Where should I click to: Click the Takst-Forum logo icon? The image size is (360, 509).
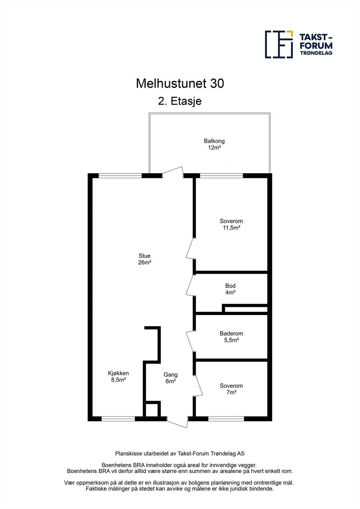pyautogui.click(x=279, y=45)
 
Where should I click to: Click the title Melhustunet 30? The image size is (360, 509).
pyautogui.click(x=180, y=84)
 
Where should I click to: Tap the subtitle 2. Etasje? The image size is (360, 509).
pyautogui.click(x=180, y=101)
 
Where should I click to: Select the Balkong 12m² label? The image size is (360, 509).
pyautogui.click(x=214, y=144)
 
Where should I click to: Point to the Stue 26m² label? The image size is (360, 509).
pyautogui.click(x=145, y=259)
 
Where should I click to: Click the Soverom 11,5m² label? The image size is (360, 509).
pyautogui.click(x=231, y=224)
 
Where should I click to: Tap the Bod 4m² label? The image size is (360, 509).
pyautogui.click(x=230, y=289)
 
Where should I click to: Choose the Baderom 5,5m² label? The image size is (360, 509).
pyautogui.click(x=231, y=337)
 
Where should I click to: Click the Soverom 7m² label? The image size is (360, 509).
pyautogui.click(x=231, y=389)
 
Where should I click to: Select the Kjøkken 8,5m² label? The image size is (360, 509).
pyautogui.click(x=118, y=376)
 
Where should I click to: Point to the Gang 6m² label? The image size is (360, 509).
pyautogui.click(x=171, y=378)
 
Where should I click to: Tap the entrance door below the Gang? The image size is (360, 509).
pyautogui.click(x=177, y=423)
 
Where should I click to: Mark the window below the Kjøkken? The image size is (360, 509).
pyautogui.click(x=118, y=419)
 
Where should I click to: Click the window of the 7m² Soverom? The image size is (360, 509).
pyautogui.click(x=226, y=419)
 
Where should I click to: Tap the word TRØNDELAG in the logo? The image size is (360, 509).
pyautogui.click(x=316, y=53)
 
